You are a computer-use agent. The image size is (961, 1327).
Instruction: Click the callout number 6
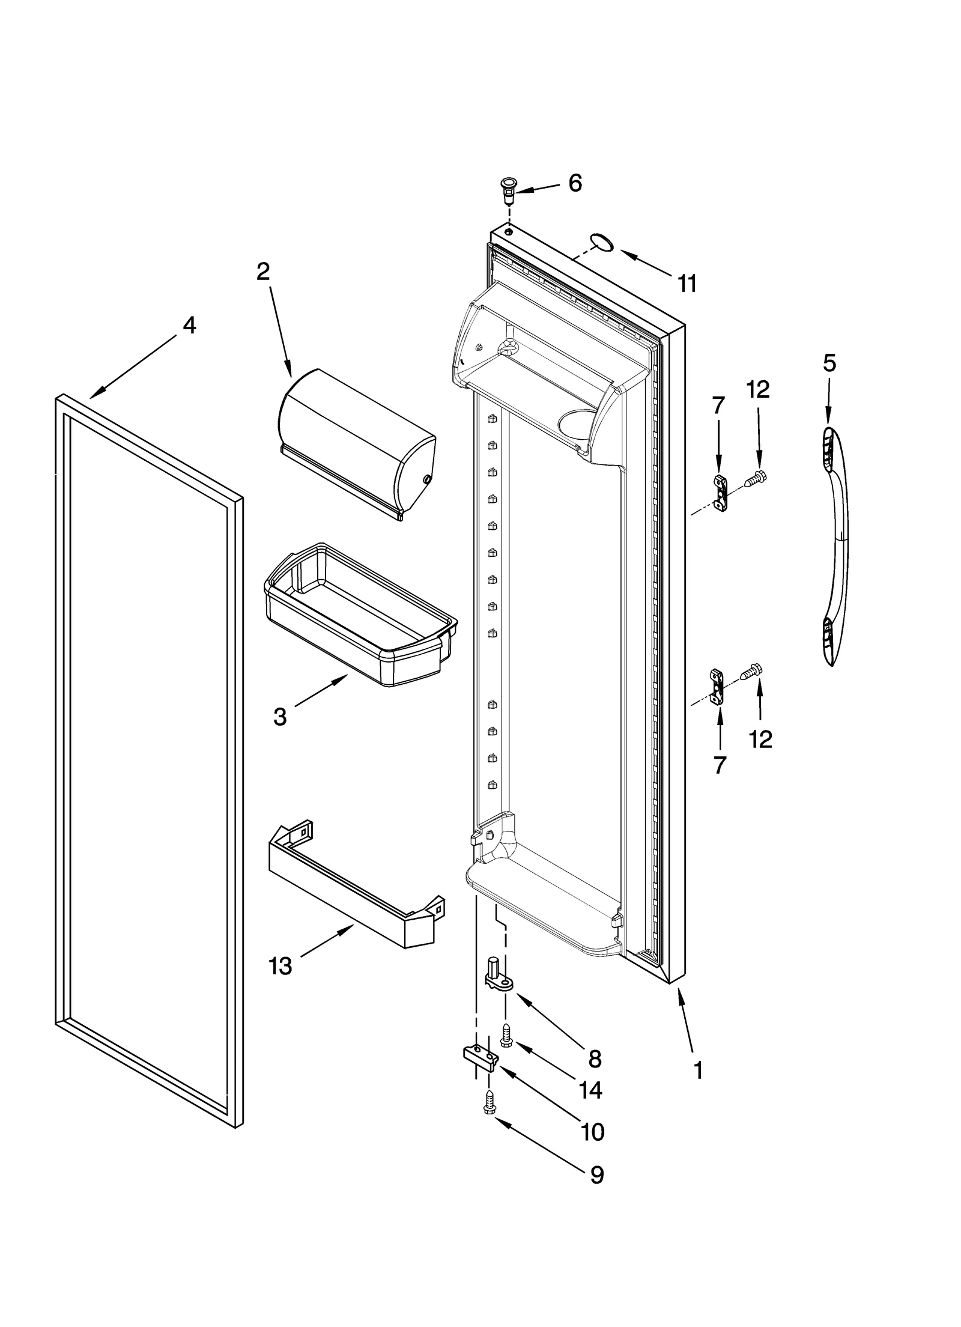[x=575, y=183]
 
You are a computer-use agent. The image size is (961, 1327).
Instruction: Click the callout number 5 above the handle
[x=829, y=363]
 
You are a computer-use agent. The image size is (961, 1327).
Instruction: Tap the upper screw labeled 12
[x=756, y=479]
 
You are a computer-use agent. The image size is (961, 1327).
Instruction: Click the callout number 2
[x=262, y=272]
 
